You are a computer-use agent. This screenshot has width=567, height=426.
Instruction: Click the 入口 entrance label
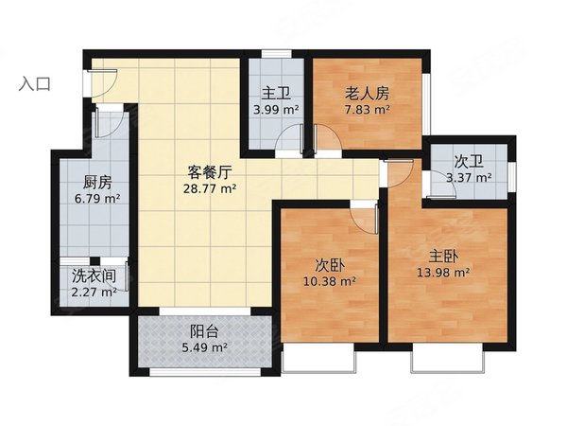tap(35, 83)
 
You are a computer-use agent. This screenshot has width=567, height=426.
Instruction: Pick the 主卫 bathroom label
tap(275, 94)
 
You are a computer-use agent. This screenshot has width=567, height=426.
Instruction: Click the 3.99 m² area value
tap(276, 110)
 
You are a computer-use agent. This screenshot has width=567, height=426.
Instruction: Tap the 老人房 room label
tap(367, 94)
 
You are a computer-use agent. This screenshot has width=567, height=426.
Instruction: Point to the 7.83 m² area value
tap(368, 110)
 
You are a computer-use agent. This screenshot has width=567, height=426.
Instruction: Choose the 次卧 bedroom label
tap(329, 264)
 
